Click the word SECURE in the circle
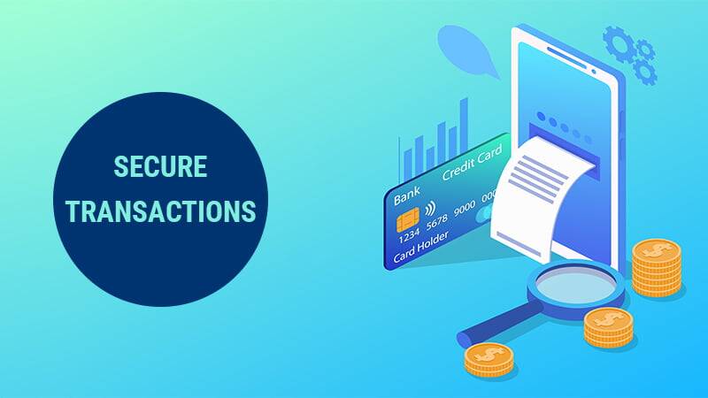(160, 166)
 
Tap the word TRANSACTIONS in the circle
(160, 212)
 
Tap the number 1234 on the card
(410, 237)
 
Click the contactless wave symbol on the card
(430, 210)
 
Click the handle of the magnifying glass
(496, 330)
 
